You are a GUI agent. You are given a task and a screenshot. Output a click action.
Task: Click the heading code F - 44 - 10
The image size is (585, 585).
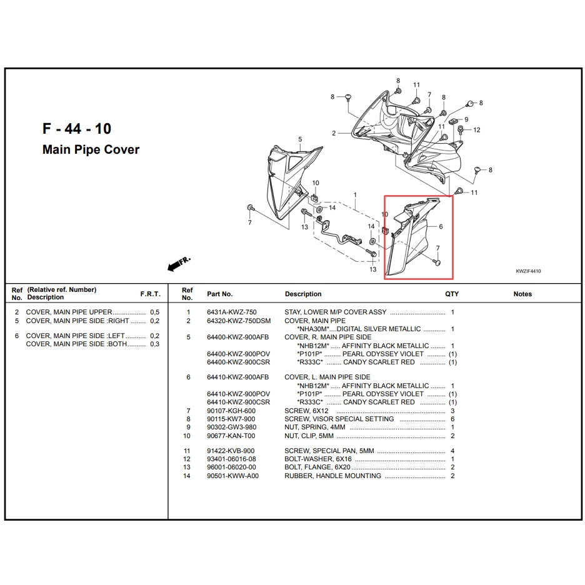point(77,129)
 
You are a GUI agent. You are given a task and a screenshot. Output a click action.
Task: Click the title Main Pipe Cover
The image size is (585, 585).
point(91,150)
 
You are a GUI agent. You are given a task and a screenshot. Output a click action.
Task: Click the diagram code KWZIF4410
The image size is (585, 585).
point(527,272)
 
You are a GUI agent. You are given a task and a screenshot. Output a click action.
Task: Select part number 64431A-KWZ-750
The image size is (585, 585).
point(231,312)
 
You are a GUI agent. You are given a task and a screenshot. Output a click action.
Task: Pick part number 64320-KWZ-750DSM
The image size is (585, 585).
point(239,321)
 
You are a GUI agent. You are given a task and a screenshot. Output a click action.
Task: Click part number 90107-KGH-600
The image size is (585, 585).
point(231,411)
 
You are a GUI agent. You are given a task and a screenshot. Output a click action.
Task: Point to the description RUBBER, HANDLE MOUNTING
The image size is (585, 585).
point(332,476)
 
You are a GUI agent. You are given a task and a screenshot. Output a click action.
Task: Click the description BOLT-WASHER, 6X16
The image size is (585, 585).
point(318,459)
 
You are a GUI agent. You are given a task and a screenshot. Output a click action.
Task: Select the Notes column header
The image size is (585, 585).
point(522,294)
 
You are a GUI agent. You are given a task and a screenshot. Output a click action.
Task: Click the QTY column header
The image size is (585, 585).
point(452,294)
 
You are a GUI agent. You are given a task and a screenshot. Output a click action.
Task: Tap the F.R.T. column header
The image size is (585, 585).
point(150,294)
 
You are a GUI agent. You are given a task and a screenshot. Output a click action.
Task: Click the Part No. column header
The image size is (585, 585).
point(219,294)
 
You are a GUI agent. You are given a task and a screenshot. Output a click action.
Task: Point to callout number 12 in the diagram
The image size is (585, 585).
point(476,130)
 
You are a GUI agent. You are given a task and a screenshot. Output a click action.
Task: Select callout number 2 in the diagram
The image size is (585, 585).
point(334,133)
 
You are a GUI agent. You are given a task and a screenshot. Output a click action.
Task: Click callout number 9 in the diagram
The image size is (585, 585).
point(466,119)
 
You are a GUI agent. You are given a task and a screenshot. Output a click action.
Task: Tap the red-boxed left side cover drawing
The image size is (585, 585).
point(412,237)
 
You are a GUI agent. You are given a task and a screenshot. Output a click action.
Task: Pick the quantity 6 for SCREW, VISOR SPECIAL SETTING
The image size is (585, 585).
point(452,419)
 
